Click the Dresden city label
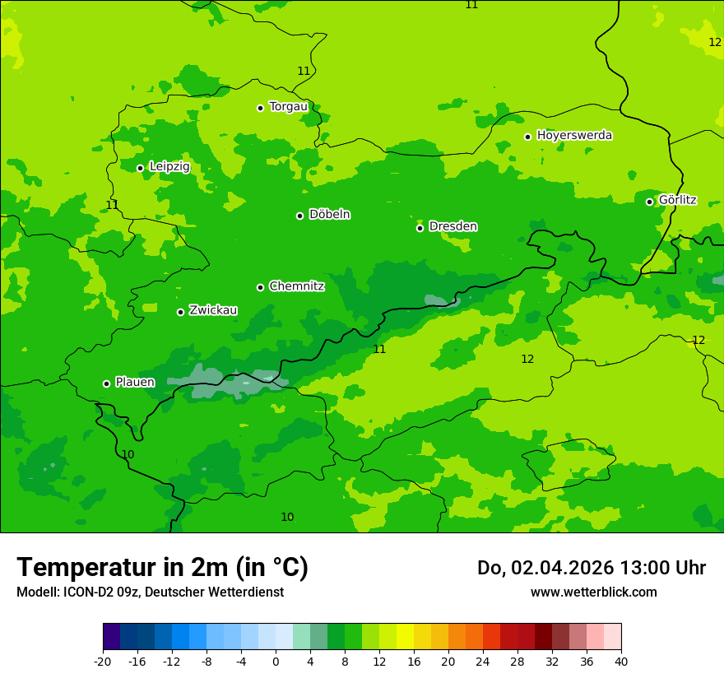pyautogui.click(x=452, y=226)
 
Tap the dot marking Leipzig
pyautogui.click(x=140, y=168)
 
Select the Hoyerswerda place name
pyautogui.click(x=574, y=135)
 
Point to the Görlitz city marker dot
pyautogui.click(x=649, y=202)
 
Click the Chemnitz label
pyautogui.click(x=296, y=286)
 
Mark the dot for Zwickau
pyautogui.click(x=180, y=312)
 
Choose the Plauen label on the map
pyautogui.click(x=135, y=382)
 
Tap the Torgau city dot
pyautogui.click(x=260, y=108)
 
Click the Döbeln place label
pyautogui.click(x=329, y=215)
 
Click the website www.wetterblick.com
pyautogui.click(x=593, y=592)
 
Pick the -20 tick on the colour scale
pyautogui.click(x=103, y=662)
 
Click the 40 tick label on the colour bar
pyautogui.click(x=621, y=662)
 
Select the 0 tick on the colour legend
pyautogui.click(x=276, y=662)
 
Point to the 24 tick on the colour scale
pyautogui.click(x=483, y=662)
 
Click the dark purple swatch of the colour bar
pyautogui.click(x=112, y=637)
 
